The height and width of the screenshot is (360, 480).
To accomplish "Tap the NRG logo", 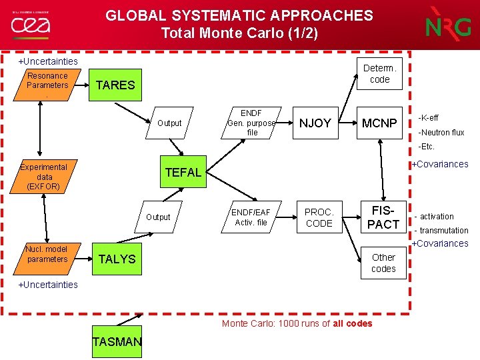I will point(448,25).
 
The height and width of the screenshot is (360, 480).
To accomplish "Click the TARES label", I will point(115,85).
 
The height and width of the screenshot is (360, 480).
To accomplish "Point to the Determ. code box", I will point(379,73).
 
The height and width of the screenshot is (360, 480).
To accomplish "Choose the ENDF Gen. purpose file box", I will point(251,123).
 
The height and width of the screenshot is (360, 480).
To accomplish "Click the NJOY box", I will point(315,123).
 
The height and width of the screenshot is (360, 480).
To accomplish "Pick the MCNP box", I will point(379,123).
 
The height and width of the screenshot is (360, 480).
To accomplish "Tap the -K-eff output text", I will point(428,118).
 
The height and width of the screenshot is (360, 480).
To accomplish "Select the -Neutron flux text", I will point(441,132).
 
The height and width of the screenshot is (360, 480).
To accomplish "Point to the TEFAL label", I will point(183,173).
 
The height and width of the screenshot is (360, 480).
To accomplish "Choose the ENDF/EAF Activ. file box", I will point(250,217).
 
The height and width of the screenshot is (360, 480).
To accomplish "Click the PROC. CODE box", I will point(319,217).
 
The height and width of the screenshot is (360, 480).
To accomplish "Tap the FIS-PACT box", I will point(383,217).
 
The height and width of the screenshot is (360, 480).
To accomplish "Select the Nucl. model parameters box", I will point(47,254).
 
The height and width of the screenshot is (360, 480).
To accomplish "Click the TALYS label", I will point(117,259).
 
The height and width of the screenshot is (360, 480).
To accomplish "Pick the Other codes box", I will point(383,263).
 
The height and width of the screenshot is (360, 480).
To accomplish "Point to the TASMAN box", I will point(117,342).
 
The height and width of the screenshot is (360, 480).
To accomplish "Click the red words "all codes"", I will point(352,323).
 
